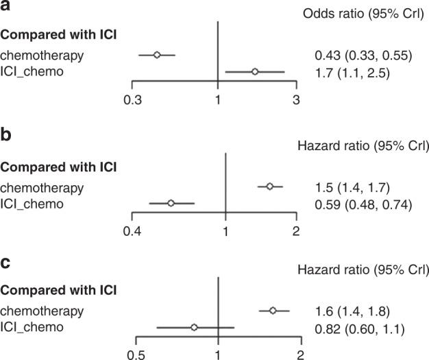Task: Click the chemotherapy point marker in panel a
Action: coord(156,55)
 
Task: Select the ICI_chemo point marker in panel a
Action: coord(255,71)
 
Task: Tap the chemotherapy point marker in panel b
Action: coord(269,187)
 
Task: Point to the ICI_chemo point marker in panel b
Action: coord(171,203)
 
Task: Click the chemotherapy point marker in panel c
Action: coord(273,311)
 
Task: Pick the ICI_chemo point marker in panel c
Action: coord(195,328)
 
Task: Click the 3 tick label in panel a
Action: coord(296,100)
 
